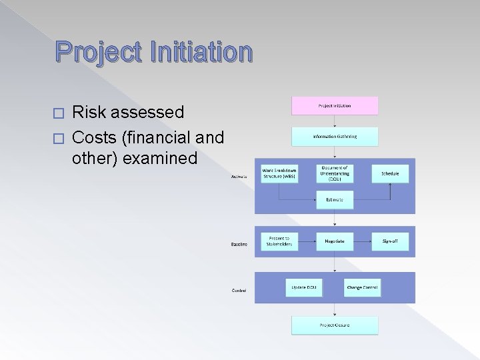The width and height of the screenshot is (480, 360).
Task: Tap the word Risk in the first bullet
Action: click(89, 111)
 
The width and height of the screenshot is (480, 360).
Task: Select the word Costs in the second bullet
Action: click(95, 137)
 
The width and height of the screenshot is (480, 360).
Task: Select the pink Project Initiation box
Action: click(335, 106)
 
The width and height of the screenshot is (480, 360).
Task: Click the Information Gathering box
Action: click(335, 137)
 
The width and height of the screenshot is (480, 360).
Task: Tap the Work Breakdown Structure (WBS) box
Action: click(279, 173)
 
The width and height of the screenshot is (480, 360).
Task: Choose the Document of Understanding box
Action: click(335, 173)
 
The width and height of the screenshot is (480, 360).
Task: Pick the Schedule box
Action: click(390, 173)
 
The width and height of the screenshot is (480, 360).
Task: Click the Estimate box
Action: click(335, 199)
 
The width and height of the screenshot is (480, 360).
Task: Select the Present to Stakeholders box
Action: click(279, 241)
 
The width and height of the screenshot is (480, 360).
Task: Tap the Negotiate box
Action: click(335, 241)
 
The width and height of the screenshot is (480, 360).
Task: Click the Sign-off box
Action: click(390, 241)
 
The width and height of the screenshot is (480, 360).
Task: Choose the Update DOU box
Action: click(304, 288)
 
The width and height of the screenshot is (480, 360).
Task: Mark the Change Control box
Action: click(362, 288)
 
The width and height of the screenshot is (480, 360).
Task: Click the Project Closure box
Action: click(335, 325)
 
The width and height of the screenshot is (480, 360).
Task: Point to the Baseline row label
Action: click(239, 245)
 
